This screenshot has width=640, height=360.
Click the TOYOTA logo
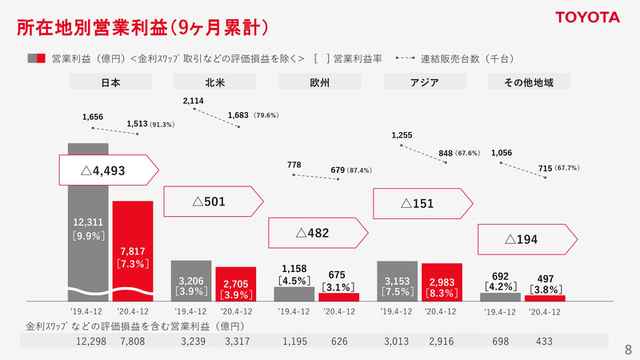point(587,17)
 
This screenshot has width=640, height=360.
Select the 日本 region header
point(110,82)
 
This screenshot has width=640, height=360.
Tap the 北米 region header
point(214,82)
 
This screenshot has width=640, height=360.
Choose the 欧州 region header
point(318,82)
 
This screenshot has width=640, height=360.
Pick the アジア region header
point(422,82)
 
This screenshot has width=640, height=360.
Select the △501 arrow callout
point(213,202)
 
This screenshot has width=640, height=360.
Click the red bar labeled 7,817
point(132,248)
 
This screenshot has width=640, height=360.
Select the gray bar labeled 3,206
point(191,280)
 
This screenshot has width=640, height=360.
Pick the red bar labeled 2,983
point(442,282)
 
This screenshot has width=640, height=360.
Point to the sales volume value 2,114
point(194,102)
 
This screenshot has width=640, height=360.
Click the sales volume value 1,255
point(402,135)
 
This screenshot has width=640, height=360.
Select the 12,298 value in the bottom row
point(90,342)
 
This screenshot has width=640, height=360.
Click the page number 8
point(627,349)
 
